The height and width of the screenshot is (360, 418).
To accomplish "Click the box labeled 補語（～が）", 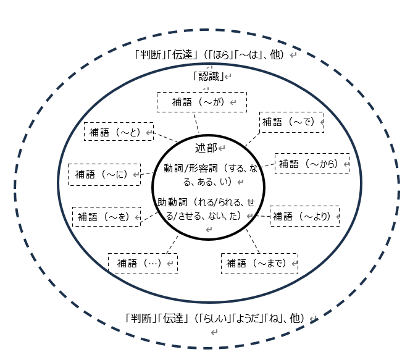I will [201, 102].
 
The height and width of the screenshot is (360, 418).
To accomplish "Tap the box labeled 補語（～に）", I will [104, 174].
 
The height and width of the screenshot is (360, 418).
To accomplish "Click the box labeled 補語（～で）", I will [291, 122].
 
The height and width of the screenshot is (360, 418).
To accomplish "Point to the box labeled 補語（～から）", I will [312, 164].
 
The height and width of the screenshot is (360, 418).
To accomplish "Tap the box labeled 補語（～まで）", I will [259, 263].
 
